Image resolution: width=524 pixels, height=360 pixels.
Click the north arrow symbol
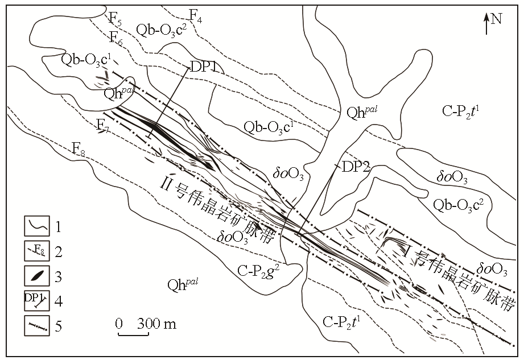coord(486,24)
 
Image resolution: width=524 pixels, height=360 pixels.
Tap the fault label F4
coord(196,16)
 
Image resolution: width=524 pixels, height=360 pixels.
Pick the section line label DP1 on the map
coord(204,68)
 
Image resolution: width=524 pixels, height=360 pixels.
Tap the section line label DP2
coord(356,166)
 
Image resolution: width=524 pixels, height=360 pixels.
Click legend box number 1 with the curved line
coord(37,226)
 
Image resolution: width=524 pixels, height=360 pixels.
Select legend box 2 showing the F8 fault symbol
coord(37,251)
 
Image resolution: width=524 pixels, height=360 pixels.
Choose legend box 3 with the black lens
coord(37,276)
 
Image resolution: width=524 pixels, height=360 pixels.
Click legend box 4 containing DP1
coord(37,300)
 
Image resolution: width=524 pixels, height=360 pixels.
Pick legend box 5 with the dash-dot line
coord(37,326)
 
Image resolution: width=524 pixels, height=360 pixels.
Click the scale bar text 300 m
coord(156,324)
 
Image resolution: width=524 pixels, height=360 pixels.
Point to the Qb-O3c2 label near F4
coord(162,31)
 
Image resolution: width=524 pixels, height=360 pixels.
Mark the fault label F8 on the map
coord(79,149)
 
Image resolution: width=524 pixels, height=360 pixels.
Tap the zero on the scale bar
coord(119,324)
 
